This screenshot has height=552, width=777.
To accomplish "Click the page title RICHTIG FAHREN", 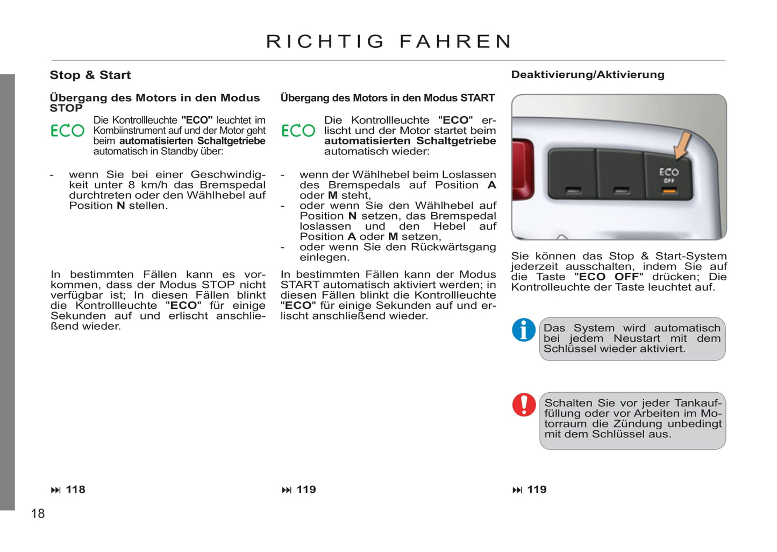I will click(x=389, y=41).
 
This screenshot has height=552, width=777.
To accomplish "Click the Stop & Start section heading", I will click(x=90, y=75).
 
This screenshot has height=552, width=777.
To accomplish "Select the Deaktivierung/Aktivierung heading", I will click(x=588, y=75).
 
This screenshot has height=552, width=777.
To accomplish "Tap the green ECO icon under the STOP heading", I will click(x=68, y=131).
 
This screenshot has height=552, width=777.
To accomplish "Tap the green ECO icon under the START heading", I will click(x=298, y=131).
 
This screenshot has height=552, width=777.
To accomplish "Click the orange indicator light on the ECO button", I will click(x=669, y=191).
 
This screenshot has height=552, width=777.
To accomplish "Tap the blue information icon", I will click(x=523, y=330).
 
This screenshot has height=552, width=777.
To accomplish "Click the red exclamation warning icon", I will click(x=524, y=405).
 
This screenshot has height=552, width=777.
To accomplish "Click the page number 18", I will click(x=38, y=513).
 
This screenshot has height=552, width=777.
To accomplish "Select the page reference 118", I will click(x=76, y=490).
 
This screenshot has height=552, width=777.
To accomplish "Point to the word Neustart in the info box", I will click(x=637, y=338).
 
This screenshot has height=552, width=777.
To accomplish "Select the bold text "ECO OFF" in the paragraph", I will click(x=609, y=277).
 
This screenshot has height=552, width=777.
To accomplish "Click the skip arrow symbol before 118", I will click(x=56, y=490).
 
